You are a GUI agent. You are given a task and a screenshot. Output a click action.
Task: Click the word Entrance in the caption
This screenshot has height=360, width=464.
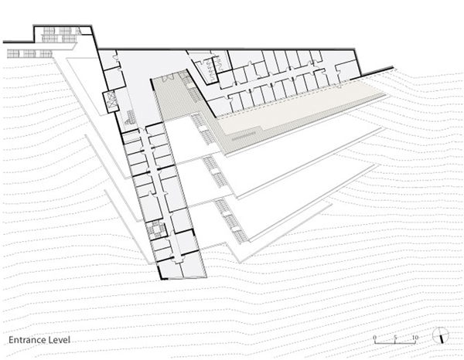(x=26, y=340)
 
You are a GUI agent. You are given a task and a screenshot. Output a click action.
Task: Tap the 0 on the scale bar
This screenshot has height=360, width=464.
(x=374, y=338)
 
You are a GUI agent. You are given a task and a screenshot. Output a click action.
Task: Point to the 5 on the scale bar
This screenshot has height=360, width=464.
(x=395, y=338)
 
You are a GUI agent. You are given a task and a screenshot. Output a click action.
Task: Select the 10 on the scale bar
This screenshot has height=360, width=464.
(x=415, y=338)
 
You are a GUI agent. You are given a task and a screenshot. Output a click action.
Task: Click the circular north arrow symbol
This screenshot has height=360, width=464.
(x=440, y=335)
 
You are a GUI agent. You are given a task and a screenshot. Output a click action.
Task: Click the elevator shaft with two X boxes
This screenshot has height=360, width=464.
(x=110, y=101)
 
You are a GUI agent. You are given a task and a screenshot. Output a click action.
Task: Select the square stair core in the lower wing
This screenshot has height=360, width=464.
(x=156, y=229)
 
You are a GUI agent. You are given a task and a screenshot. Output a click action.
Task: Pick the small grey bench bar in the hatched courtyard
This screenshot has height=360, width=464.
(x=244, y=137)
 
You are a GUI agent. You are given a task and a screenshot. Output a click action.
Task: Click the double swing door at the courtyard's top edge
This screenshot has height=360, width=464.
(x=169, y=76)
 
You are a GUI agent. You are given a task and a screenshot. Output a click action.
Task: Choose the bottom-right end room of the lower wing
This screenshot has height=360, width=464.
(x=193, y=267)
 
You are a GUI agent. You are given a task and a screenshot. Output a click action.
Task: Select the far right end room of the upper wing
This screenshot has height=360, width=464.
(x=348, y=70)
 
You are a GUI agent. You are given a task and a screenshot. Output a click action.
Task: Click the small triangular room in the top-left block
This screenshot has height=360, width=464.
(x=84, y=30)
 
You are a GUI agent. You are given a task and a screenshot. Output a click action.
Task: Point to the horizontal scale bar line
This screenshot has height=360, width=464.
(x=395, y=343)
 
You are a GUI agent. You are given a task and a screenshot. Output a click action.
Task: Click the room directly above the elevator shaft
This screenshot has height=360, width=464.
(x=114, y=79)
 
